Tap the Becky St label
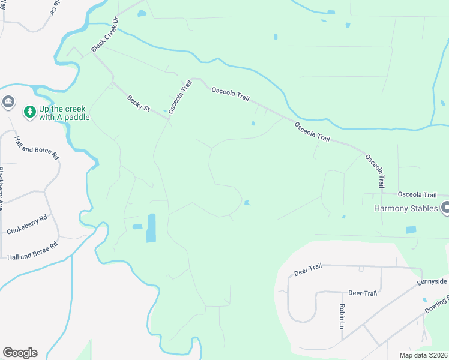tap(138, 103)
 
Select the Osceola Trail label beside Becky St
tap(179, 95)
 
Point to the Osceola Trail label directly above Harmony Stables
tap(417, 194)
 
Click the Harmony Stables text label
tap(406, 209)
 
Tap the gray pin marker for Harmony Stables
tap(445, 208)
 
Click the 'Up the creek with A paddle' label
tap(64, 113)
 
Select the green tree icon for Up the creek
tap(29, 112)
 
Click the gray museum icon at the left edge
tap(8, 103)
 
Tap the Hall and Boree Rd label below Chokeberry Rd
tap(32, 251)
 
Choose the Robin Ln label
tap(341, 316)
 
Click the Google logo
tap(20, 352)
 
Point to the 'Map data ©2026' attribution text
tap(423, 355)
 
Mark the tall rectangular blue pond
tap(151, 228)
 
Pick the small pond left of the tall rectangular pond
tap(137, 227)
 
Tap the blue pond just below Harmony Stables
tap(411, 230)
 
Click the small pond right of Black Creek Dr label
tap(142, 13)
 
